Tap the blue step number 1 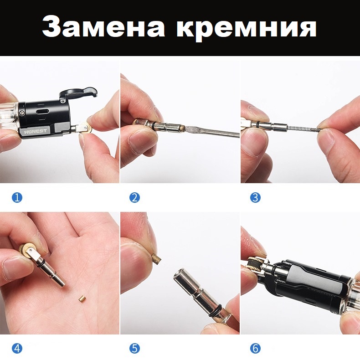click(17, 197)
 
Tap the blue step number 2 click(134, 197)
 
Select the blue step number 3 click(255, 197)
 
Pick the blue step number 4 click(17, 349)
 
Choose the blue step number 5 click(134, 349)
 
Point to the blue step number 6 click(255, 349)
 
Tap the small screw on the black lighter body click(22, 113)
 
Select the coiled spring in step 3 click(303, 129)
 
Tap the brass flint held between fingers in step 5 click(157, 258)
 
